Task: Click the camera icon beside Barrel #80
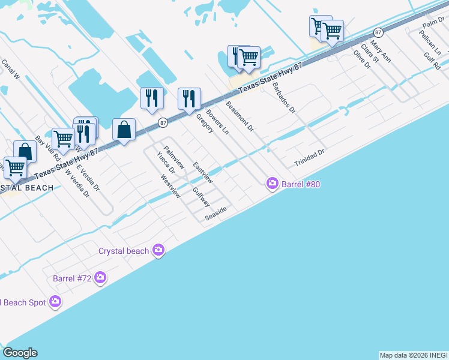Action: point(273,184)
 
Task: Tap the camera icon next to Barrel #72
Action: point(100,278)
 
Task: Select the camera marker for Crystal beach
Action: point(158,250)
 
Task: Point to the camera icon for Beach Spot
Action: point(55,302)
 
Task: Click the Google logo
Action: point(20,353)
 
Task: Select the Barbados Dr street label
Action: point(284,98)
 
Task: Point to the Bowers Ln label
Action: point(218,122)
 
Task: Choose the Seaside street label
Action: point(215,214)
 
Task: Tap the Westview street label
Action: point(170,186)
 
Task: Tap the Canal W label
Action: point(10,69)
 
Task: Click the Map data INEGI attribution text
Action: point(414,355)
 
